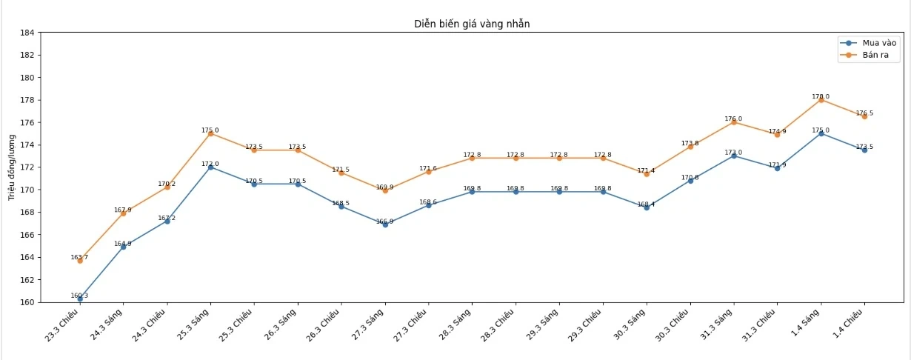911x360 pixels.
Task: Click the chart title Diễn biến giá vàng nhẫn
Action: [472, 24]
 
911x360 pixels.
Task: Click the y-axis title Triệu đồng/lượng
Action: [12, 167]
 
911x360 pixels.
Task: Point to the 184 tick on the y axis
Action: [27, 33]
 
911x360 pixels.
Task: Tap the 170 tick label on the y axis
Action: [27, 190]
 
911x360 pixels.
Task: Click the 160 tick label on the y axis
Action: [27, 302]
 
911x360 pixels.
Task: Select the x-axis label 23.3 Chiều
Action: [63, 325]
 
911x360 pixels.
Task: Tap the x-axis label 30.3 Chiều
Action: [674, 325]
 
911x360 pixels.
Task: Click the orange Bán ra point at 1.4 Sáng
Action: [821, 100]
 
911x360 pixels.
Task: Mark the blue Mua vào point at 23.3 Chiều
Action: [80, 299]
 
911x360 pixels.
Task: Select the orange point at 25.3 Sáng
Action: [210, 133]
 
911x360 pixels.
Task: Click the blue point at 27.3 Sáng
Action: [385, 224]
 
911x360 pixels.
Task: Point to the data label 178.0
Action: [821, 96]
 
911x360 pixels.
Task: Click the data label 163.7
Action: [79, 257]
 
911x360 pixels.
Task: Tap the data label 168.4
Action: [646, 204]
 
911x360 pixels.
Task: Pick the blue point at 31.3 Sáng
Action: [733, 156]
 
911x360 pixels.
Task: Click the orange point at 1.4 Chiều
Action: [864, 116]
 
